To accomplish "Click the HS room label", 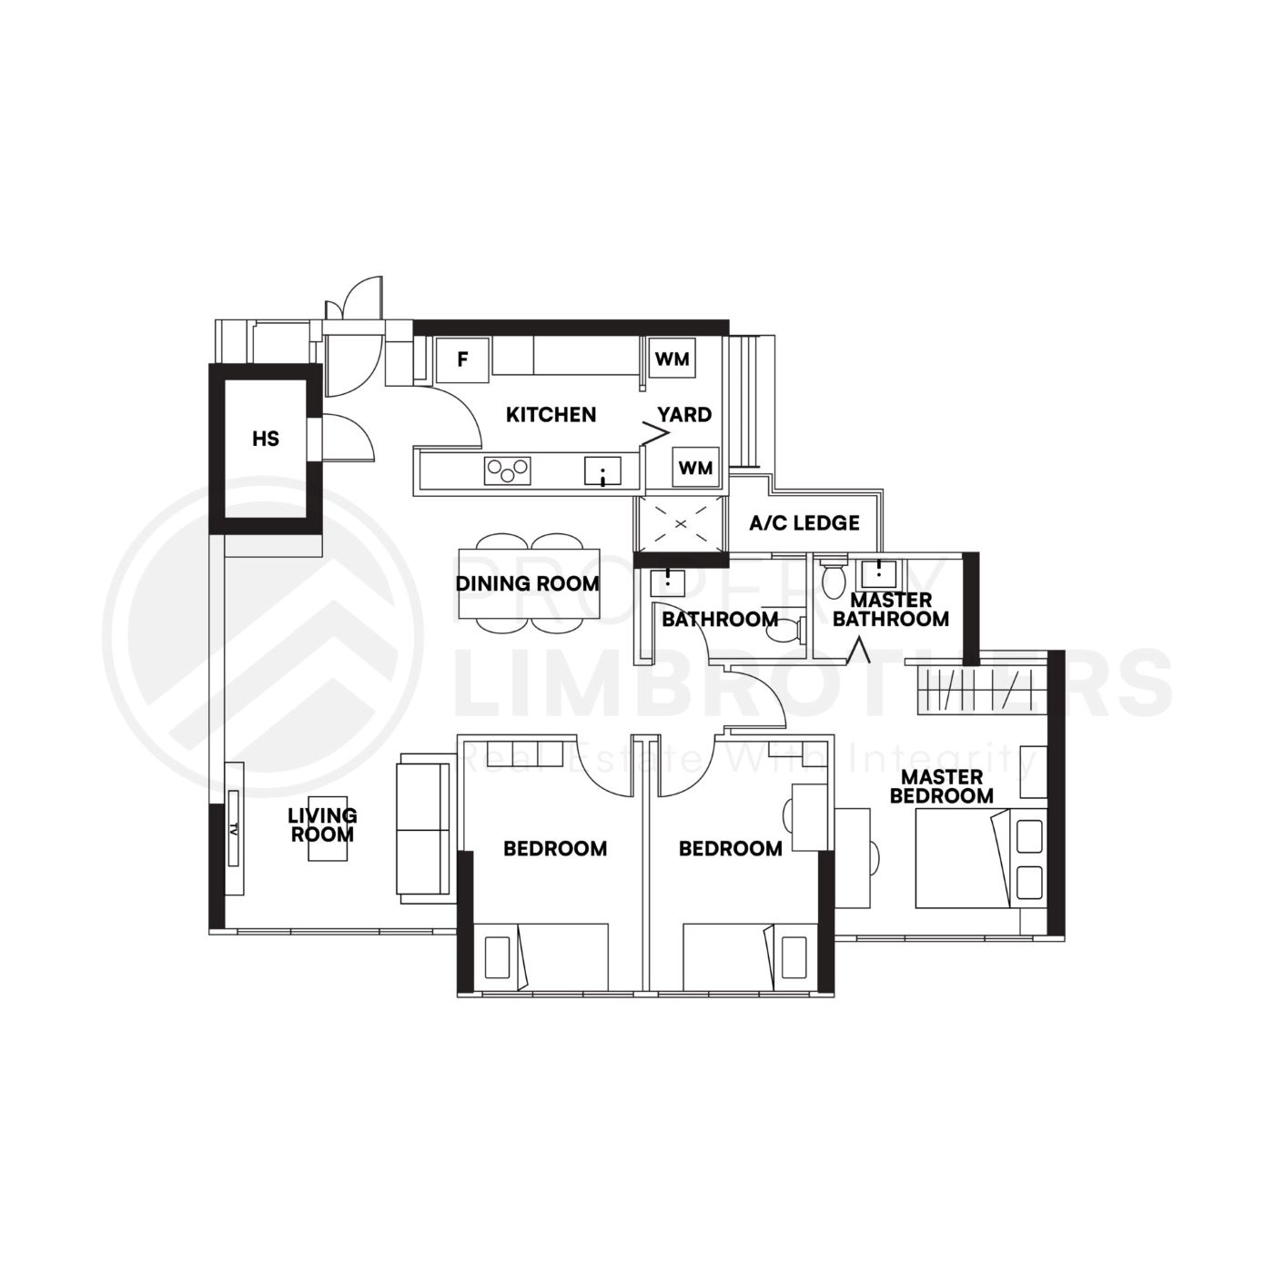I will pyautogui.click(x=266, y=440).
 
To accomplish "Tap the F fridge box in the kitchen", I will pyautogui.click(x=462, y=359).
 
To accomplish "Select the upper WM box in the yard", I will pyautogui.click(x=672, y=359).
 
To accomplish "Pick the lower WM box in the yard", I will pyautogui.click(x=695, y=469).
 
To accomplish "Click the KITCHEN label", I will pyautogui.click(x=551, y=415).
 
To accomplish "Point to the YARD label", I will pyautogui.click(x=684, y=415).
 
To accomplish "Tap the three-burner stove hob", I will pyautogui.click(x=508, y=470).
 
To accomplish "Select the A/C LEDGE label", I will pyautogui.click(x=804, y=523).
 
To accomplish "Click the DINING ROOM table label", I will pyautogui.click(x=528, y=583).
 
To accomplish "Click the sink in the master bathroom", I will pyautogui.click(x=878, y=573).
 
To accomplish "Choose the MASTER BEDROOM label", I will pyautogui.click(x=942, y=786).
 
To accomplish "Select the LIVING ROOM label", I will pyautogui.click(x=322, y=824).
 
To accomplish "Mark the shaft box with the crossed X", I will pyautogui.click(x=681, y=525).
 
